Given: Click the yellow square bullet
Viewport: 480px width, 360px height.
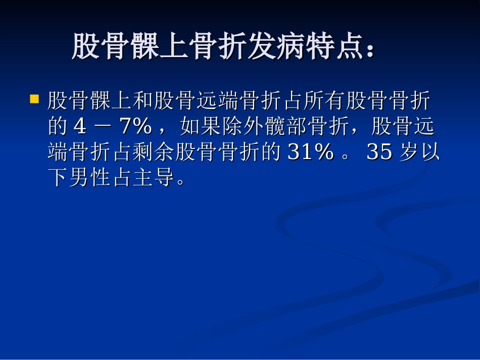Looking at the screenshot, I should coord(34,98).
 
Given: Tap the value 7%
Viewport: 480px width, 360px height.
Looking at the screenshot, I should coord(135,127).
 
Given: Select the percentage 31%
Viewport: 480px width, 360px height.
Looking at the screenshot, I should coord(310,152).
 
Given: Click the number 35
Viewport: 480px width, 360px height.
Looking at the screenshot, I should coord(379,152).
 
